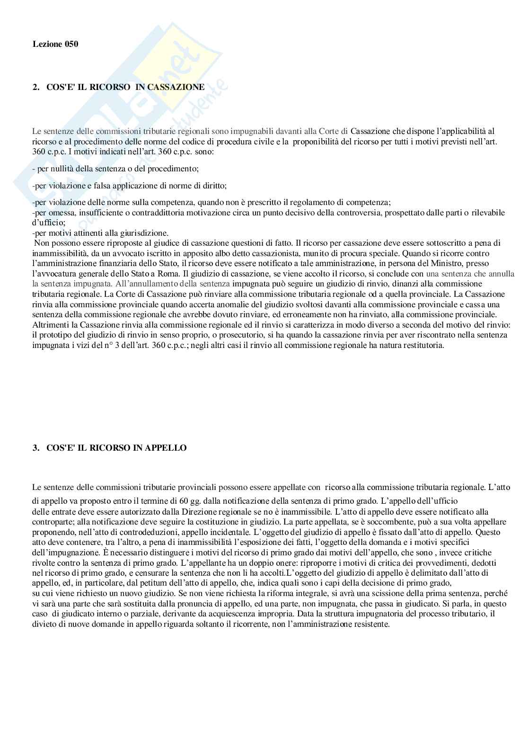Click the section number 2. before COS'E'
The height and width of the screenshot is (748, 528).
pos(36,87)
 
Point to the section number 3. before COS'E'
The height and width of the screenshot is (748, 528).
pos(36,448)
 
